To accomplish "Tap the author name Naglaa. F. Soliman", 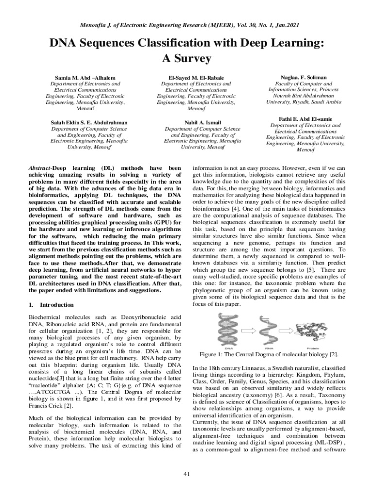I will coord(304,77).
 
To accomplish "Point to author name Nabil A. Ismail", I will coord(196,122).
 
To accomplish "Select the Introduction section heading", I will coord(56,305).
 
